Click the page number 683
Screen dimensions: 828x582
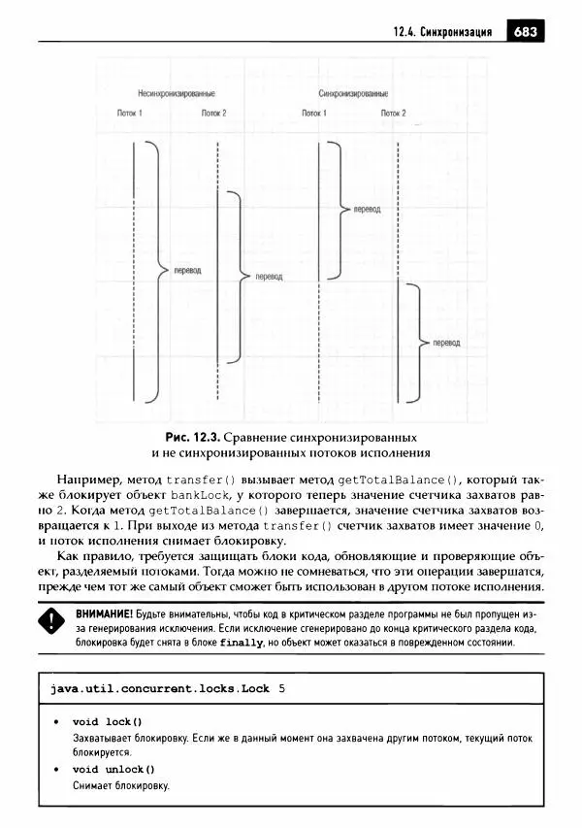point(526,31)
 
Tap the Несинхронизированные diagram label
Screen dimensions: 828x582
point(177,93)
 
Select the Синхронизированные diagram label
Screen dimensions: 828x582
point(353,93)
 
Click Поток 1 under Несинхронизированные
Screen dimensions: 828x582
point(129,113)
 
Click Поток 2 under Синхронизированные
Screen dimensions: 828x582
point(392,113)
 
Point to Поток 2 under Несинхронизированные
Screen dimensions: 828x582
point(214,113)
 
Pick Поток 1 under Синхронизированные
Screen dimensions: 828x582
point(313,113)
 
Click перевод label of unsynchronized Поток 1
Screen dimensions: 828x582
point(186,269)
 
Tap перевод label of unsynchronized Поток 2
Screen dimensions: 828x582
point(269,277)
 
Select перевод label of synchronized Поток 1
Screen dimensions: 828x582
point(368,208)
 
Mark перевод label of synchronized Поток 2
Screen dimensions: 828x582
point(446,343)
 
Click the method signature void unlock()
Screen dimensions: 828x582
point(113,770)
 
